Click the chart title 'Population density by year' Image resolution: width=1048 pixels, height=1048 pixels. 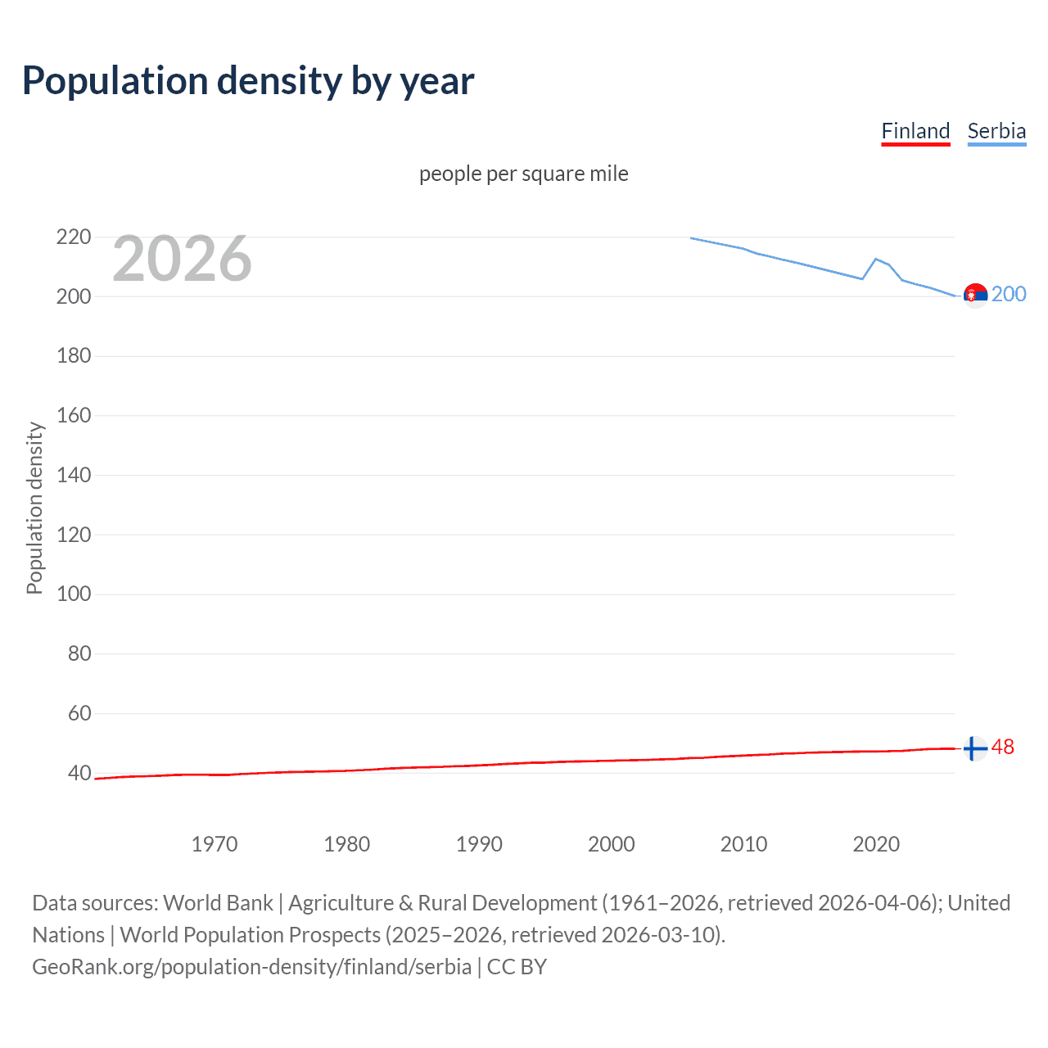[248, 81]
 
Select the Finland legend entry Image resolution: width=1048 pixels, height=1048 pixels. [915, 131]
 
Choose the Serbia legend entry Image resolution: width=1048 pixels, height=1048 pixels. [996, 131]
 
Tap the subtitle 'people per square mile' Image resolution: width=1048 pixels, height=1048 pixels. [524, 174]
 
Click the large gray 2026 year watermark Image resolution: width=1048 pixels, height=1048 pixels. [182, 259]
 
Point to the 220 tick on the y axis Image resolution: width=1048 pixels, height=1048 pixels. [74, 237]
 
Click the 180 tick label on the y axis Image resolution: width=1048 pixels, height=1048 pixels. [74, 356]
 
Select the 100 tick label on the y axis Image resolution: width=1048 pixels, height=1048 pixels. [74, 594]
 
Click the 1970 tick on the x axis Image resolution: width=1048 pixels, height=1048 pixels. [215, 844]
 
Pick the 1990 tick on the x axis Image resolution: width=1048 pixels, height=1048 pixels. [479, 844]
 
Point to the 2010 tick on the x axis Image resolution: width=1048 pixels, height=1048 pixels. [743, 844]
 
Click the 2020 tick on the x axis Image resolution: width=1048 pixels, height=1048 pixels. [876, 844]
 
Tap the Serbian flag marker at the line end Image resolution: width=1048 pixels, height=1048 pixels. [975, 296]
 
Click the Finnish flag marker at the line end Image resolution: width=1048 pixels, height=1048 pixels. [975, 748]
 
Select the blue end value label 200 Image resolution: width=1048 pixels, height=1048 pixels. [1009, 295]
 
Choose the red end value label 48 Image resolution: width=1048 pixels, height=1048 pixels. [1003, 748]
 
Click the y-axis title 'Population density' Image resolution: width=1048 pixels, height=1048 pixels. [34, 508]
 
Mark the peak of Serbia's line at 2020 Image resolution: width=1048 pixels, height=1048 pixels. [876, 259]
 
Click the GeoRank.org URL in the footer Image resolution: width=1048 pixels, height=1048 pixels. [251, 967]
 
